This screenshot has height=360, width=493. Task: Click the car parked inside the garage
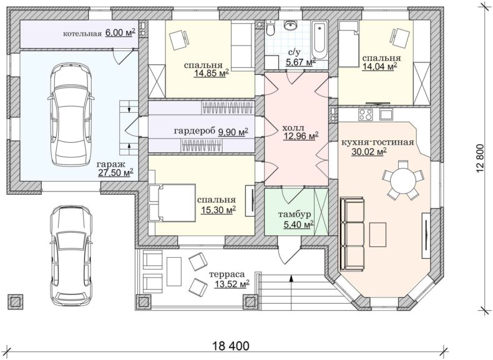[x=71, y=114]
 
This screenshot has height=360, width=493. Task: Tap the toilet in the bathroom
[x=270, y=27]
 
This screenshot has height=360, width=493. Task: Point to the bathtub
[x=320, y=41]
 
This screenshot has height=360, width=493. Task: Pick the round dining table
[x=403, y=180]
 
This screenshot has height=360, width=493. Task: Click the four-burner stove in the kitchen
[x=365, y=114]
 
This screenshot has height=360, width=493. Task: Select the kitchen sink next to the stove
[x=386, y=114]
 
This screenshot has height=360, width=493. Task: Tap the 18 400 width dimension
[x=231, y=346]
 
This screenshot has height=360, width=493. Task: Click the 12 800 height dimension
[x=481, y=159]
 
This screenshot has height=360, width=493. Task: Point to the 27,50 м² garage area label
[x=115, y=173]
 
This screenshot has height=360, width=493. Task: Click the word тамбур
[x=295, y=215]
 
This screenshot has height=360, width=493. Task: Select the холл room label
[x=293, y=128]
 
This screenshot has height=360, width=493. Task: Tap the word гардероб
[x=195, y=131]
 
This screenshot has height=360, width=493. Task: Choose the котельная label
[x=82, y=34]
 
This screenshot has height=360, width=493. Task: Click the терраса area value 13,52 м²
[x=232, y=284]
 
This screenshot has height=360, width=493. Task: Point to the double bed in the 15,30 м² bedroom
[x=172, y=203]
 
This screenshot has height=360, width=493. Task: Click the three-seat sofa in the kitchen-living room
[x=352, y=234]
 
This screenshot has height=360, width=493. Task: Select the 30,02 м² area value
[x=369, y=152]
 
